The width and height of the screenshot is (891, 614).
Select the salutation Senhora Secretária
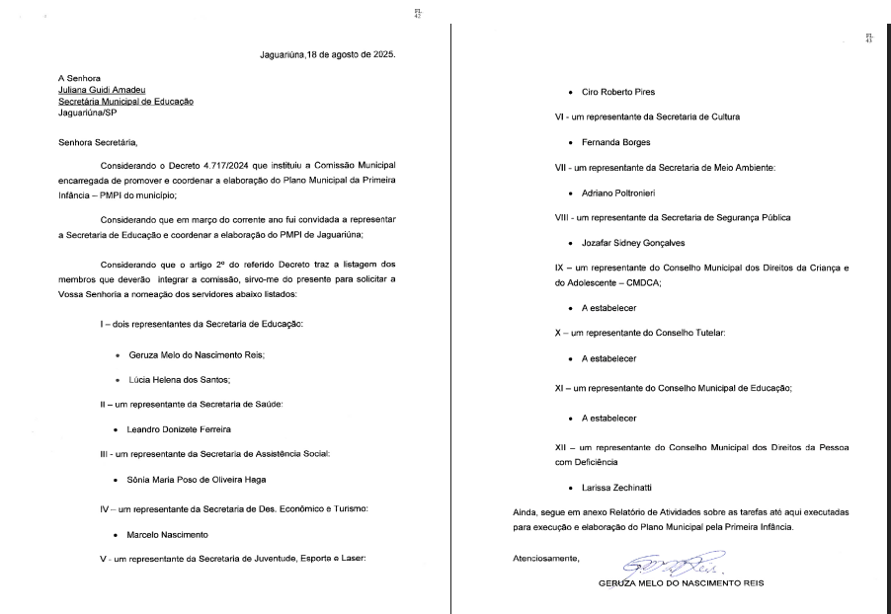tap(99, 142)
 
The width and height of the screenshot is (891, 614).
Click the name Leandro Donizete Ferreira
tap(178, 429)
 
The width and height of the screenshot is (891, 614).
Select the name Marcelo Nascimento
tap(167, 534)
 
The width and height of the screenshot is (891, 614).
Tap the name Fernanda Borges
tap(609, 142)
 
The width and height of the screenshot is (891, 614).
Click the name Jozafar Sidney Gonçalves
tap(627, 242)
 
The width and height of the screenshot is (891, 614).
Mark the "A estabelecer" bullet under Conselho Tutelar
tap(608, 357)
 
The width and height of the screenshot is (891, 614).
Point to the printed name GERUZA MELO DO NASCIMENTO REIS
tap(681, 582)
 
